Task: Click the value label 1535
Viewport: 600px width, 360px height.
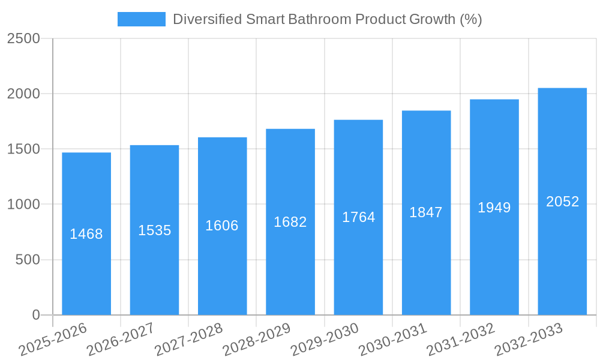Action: (155, 230)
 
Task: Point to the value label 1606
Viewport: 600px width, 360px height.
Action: (222, 226)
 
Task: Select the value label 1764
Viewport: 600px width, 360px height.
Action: (358, 217)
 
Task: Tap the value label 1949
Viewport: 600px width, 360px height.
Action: (494, 208)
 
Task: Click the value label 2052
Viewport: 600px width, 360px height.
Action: (562, 202)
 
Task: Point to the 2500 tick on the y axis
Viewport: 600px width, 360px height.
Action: (23, 38)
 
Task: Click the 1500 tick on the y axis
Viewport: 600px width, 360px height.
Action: (23, 149)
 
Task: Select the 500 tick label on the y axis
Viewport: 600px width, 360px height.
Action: (28, 260)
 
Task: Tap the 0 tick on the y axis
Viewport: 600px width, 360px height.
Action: (35, 315)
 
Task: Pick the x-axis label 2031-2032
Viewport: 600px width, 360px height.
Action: (461, 340)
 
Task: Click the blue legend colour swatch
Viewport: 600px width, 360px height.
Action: (141, 19)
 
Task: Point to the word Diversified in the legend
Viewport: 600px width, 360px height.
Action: (208, 19)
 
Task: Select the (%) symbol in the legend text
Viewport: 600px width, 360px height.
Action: (471, 19)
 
